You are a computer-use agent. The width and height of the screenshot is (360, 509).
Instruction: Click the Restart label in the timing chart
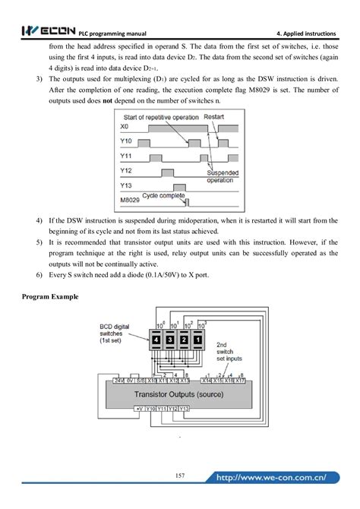coord(215,117)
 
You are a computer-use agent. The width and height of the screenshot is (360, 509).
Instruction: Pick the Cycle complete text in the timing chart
coord(166,195)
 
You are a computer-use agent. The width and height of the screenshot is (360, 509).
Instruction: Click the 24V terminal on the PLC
coord(118,379)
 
